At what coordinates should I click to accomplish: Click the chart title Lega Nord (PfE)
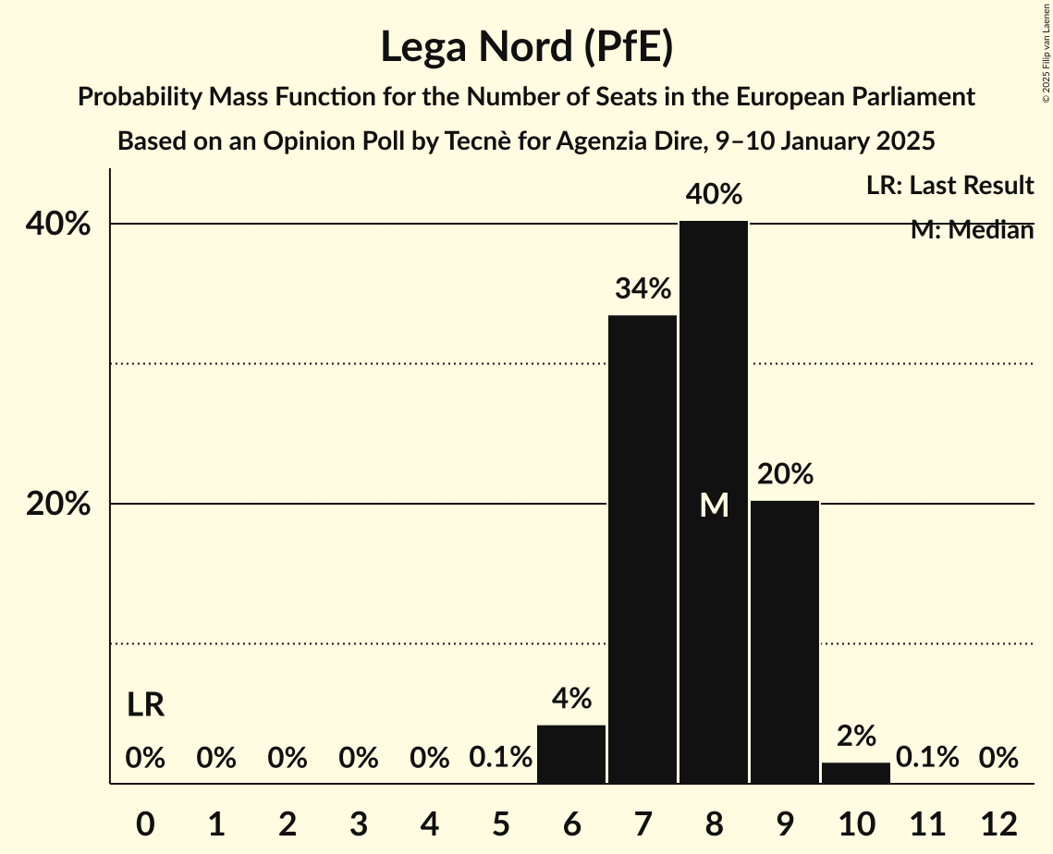[x=526, y=48]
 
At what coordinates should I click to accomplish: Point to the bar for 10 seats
[x=856, y=773]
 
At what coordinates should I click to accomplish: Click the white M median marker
[x=714, y=505]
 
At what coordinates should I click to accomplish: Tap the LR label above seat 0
[x=145, y=705]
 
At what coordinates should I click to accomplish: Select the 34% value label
[x=643, y=289]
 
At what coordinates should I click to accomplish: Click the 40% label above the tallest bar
[x=714, y=195]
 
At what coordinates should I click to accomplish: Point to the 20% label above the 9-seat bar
[x=785, y=474]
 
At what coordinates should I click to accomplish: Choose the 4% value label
[x=571, y=699]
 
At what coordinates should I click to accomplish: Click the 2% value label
[x=856, y=737]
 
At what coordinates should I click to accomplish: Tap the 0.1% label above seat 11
[x=927, y=758]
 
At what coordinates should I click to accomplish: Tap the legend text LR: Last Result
[x=949, y=186]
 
